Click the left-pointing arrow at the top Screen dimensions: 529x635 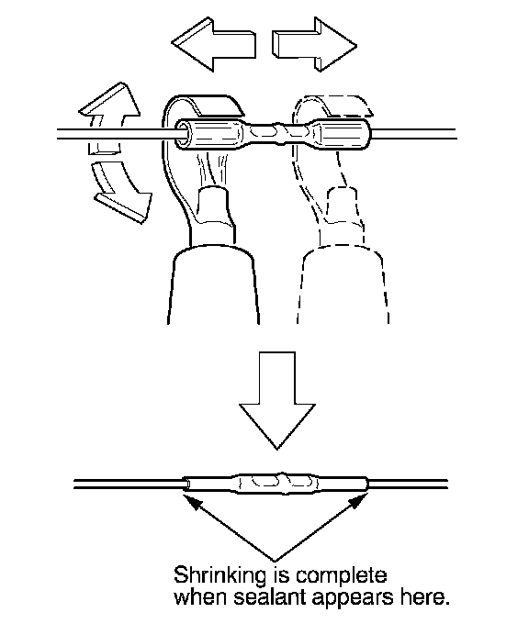(x=213, y=45)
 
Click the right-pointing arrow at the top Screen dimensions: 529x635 (x=315, y=45)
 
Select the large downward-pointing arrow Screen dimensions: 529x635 (x=277, y=400)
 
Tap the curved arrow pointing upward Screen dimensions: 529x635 (x=109, y=117)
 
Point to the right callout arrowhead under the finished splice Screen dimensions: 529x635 (x=356, y=501)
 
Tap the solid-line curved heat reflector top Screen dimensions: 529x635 (x=203, y=106)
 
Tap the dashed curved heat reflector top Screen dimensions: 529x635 (x=333, y=106)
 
